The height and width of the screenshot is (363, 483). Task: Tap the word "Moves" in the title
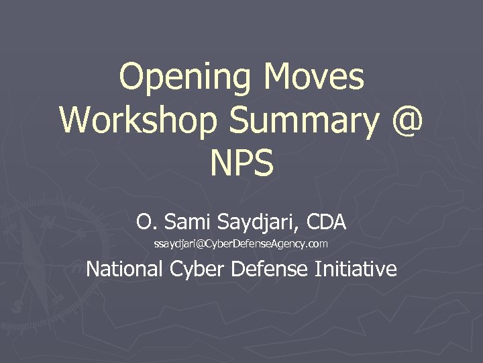(314, 78)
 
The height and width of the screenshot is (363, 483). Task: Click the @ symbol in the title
(405, 120)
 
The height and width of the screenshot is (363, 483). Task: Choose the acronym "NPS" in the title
(241, 163)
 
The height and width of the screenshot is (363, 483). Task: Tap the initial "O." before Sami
(144, 220)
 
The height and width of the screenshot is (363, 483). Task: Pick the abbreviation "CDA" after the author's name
(325, 220)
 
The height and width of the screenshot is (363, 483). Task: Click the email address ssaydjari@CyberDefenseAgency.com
(241, 243)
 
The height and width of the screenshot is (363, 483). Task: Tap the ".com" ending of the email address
(317, 243)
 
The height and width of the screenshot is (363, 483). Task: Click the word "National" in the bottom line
(125, 269)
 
